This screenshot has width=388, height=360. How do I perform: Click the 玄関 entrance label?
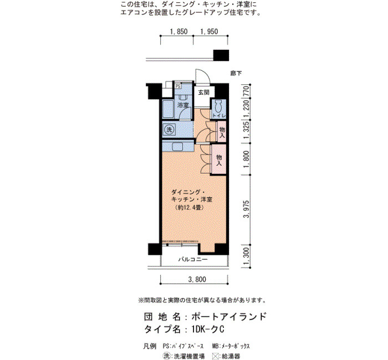pos(203,92)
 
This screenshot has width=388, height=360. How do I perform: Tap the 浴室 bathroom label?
pos(183,105)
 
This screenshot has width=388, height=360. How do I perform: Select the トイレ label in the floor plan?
pos(219,116)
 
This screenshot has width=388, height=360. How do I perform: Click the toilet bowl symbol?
pos(218,106)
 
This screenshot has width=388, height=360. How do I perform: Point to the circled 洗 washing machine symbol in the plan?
pos(169,130)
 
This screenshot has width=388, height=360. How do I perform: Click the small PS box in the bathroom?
pos(178,86)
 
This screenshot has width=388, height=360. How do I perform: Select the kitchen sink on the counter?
pos(178,147)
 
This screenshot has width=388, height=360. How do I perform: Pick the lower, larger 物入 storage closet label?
pos(219,160)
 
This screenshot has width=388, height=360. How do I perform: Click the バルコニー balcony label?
pos(193,259)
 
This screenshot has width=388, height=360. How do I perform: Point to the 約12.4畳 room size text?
pos(189,208)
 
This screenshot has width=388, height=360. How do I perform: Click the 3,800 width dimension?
pos(197,279)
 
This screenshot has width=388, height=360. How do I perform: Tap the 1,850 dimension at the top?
pos(178,32)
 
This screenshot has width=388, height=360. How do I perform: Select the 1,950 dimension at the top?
pos(209,32)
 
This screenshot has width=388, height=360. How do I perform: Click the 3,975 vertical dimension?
pos(246,209)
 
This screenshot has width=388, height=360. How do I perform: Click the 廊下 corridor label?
pos(236,73)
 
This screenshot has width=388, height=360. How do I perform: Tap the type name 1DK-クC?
pos(207,330)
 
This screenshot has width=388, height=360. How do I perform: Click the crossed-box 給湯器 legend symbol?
pos(216,356)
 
